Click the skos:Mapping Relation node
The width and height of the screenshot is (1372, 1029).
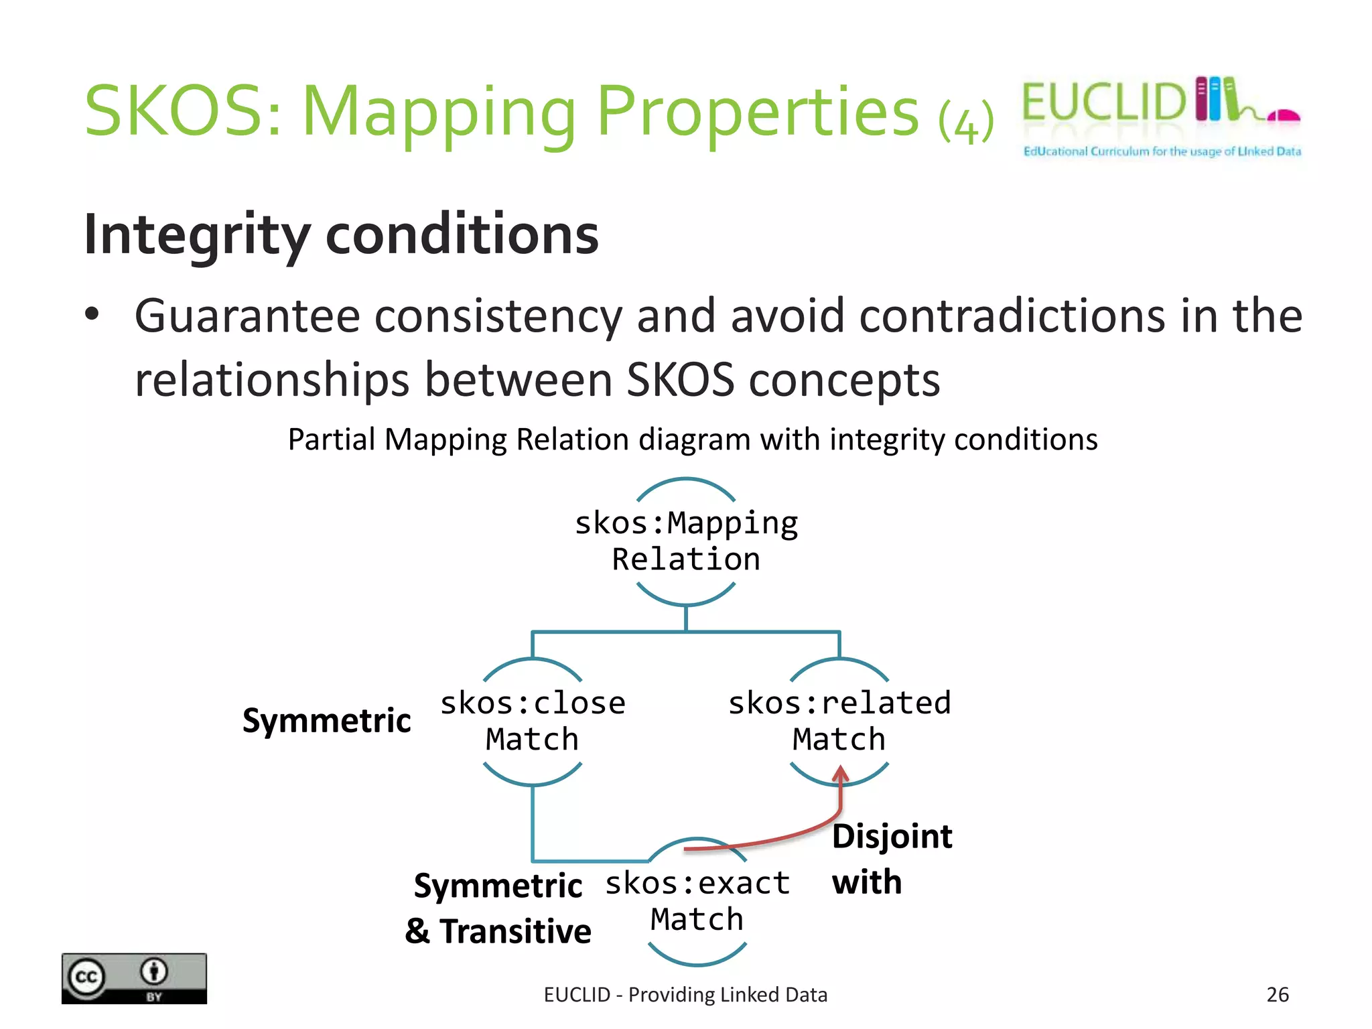[x=686, y=541]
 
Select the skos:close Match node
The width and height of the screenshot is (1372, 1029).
[x=533, y=722]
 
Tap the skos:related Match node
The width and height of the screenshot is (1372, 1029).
[x=839, y=722]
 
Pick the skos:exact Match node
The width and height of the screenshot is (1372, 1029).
[x=697, y=901]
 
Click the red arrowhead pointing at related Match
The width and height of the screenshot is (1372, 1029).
[x=840, y=774]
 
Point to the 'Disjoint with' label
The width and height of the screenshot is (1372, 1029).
[x=891, y=859]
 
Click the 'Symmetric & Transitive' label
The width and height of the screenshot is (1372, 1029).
[x=498, y=908]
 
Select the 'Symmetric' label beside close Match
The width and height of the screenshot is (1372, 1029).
[x=326, y=721]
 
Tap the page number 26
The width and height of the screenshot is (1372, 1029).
[x=1277, y=994]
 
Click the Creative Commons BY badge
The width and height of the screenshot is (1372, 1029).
[x=134, y=978]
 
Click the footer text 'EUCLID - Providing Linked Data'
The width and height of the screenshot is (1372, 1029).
[x=685, y=995]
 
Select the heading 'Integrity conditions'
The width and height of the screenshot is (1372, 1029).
[x=341, y=234]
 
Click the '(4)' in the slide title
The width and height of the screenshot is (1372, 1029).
[x=965, y=121]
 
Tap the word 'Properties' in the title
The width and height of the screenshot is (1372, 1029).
[x=757, y=111]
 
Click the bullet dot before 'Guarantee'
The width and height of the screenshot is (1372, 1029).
[x=92, y=314]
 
